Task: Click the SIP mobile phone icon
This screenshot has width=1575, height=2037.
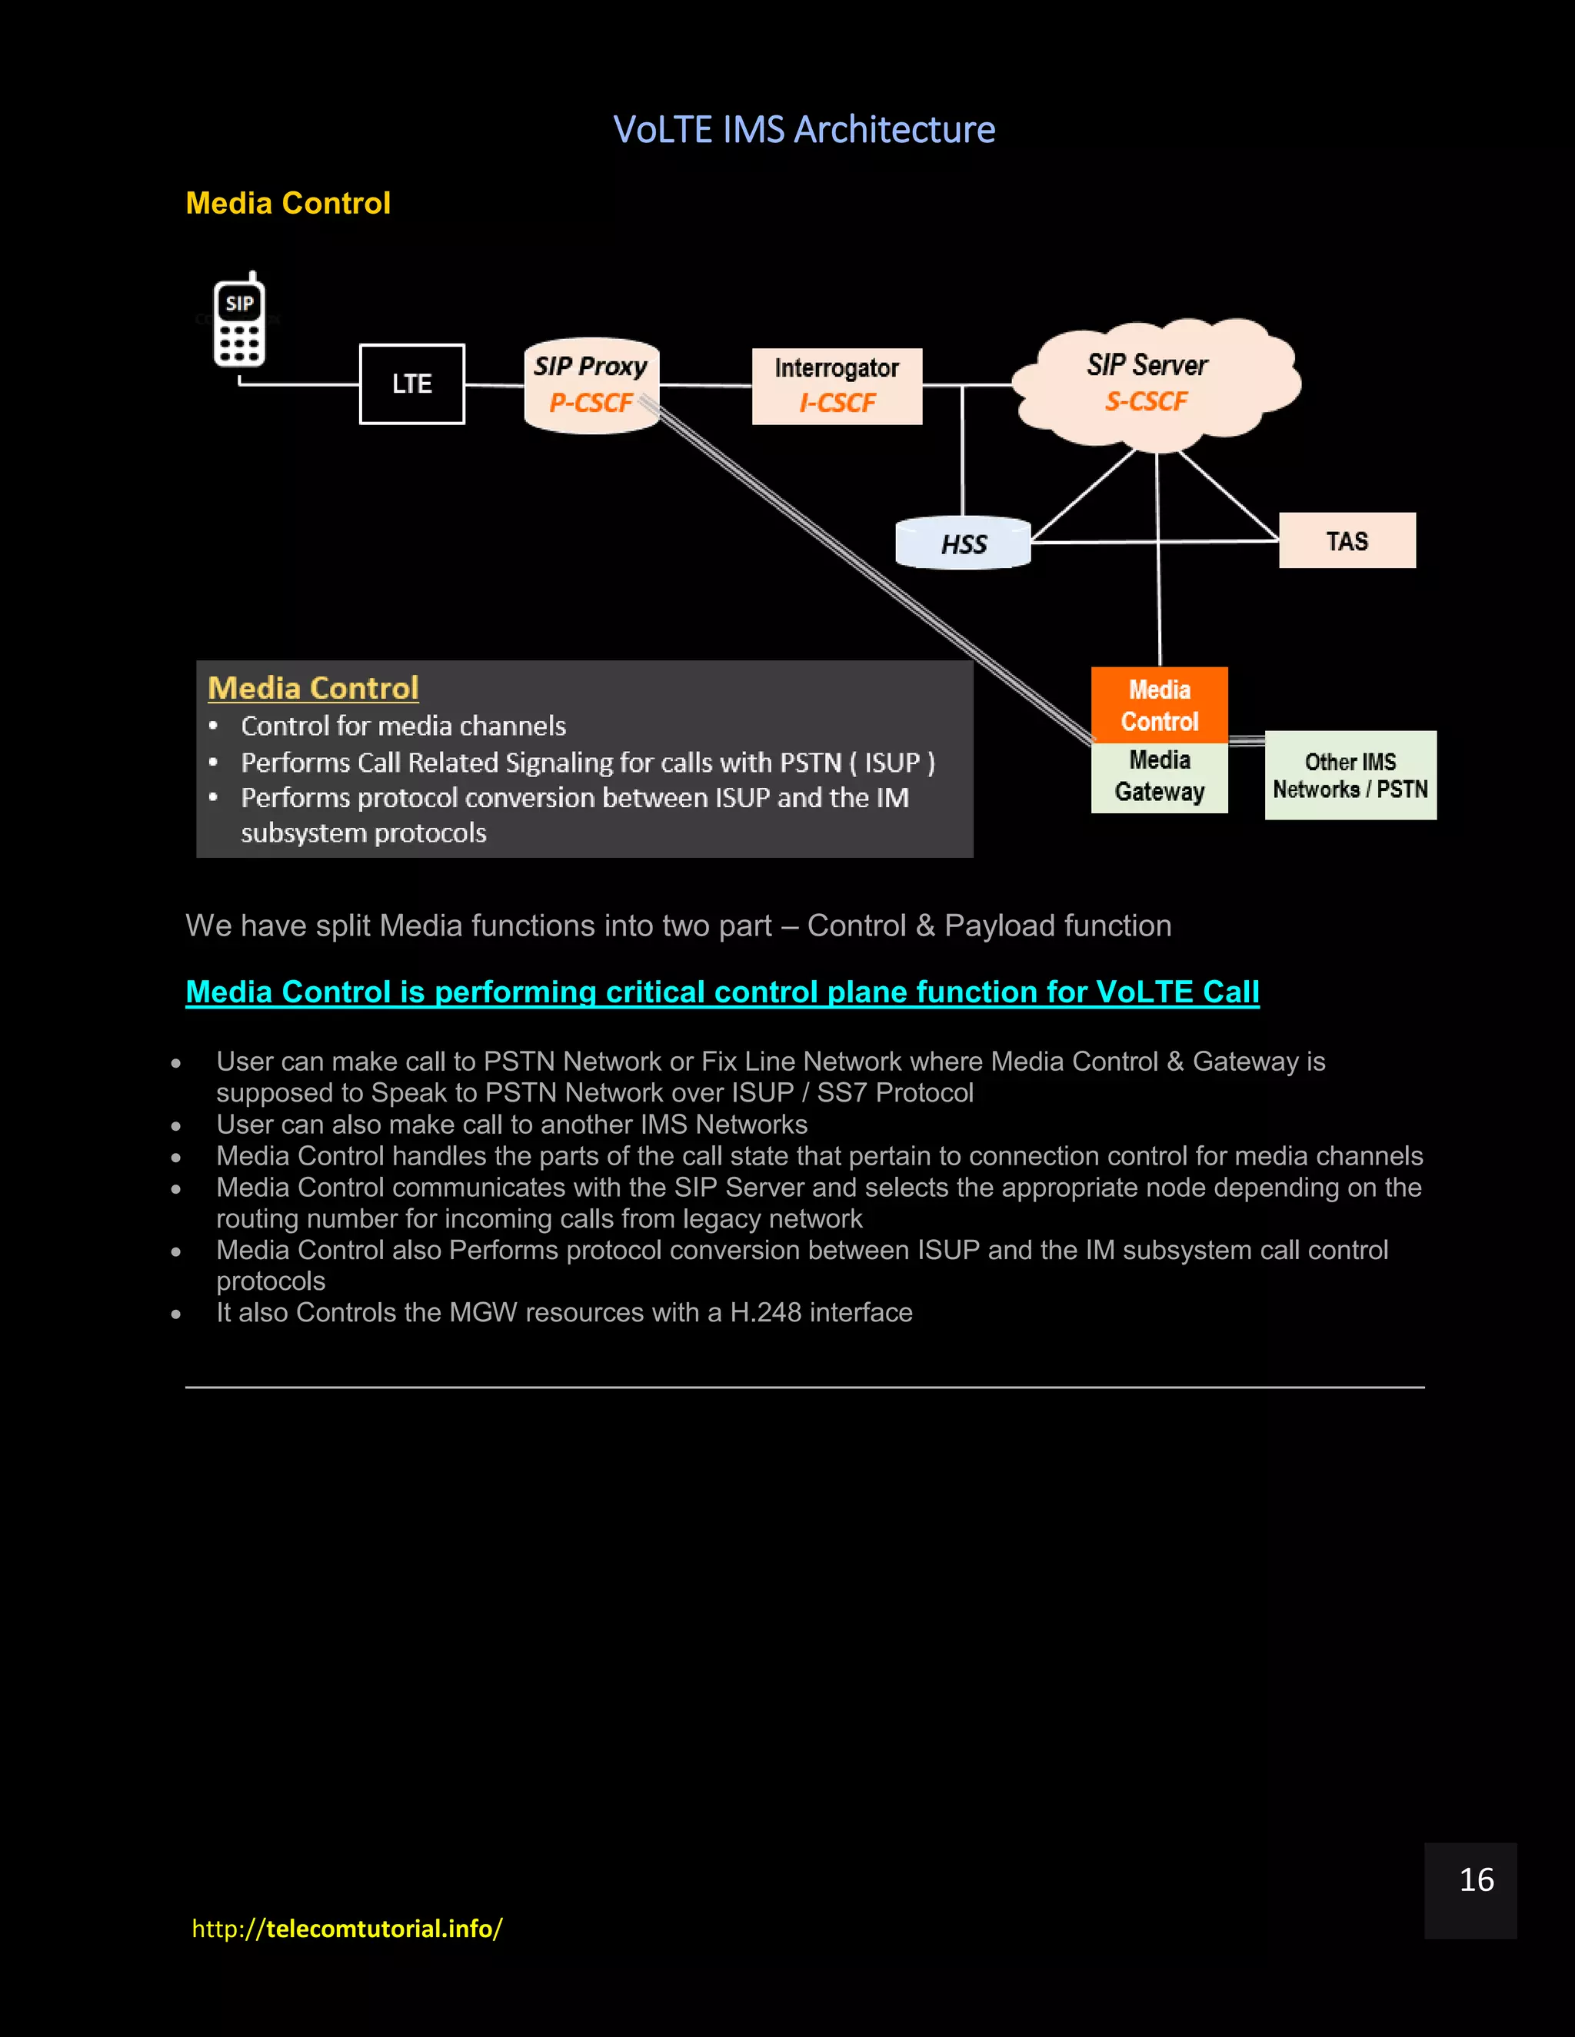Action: [x=240, y=320]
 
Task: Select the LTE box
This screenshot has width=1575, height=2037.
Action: [x=411, y=384]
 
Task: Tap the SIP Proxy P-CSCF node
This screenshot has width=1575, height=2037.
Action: [x=591, y=385]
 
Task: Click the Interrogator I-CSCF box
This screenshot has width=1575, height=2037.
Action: [x=837, y=386]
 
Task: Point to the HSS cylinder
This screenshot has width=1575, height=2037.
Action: [x=963, y=543]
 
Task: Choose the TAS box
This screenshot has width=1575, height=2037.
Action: [x=1347, y=541]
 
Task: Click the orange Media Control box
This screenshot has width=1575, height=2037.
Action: [x=1159, y=705]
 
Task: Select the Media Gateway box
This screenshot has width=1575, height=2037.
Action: [x=1159, y=777]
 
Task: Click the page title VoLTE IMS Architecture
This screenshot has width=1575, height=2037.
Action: [x=804, y=130]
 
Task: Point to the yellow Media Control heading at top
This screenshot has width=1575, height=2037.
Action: [x=288, y=204]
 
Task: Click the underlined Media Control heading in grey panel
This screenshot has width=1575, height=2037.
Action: [x=312, y=688]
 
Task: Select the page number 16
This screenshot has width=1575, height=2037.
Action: [x=1475, y=1879]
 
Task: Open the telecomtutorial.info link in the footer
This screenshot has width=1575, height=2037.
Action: [x=346, y=1928]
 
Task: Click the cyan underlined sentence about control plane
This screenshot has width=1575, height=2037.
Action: [x=722, y=992]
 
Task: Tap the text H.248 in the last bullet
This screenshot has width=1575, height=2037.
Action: [x=765, y=1312]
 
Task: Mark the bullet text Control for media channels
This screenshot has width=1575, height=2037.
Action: [x=403, y=726]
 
